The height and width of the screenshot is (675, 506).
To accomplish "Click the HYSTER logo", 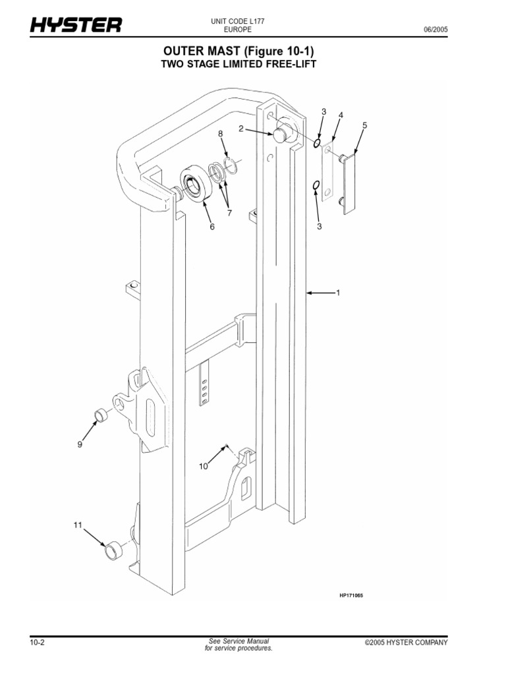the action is (75, 25).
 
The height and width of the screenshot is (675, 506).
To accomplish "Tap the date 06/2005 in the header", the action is (435, 30).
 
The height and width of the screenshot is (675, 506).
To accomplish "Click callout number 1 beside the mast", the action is (338, 293).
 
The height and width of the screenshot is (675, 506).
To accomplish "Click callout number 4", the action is (341, 115).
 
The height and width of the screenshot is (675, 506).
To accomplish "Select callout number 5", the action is (364, 125).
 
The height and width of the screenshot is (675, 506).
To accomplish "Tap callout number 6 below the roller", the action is (212, 227).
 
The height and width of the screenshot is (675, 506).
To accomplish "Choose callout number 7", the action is (230, 212).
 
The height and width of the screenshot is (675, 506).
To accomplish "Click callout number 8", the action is (221, 134).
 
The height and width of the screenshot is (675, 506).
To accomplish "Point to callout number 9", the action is (80, 444).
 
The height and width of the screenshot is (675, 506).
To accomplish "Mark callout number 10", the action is (204, 467).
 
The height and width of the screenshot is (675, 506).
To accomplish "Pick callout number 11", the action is (78, 525).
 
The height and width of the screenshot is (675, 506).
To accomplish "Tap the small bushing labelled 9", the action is (101, 415).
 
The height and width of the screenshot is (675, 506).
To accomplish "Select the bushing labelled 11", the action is (115, 549).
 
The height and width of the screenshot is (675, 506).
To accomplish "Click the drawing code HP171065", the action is (351, 595).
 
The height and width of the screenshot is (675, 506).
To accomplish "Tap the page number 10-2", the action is (37, 643).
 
